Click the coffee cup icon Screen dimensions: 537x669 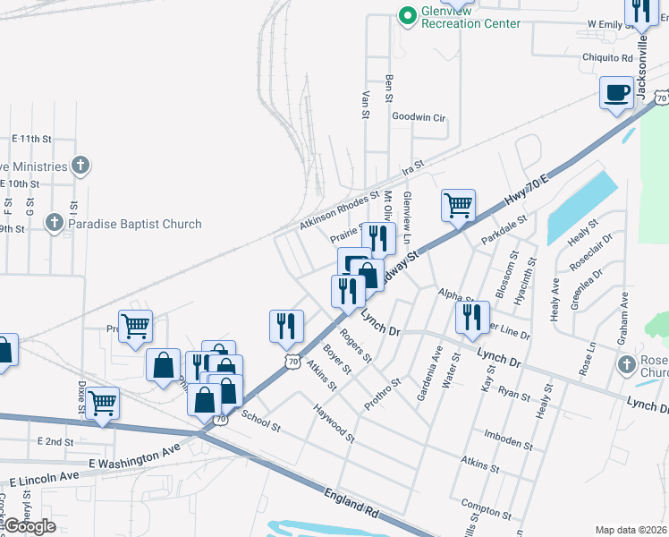pos(615,93)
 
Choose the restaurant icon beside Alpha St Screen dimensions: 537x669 pos(472,316)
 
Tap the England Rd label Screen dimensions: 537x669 pos(351,505)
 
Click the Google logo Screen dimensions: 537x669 pos(30,525)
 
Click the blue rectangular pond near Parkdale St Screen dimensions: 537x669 pos(581,208)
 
